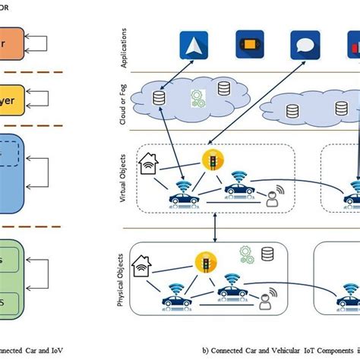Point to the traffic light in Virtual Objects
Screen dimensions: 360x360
point(213,160)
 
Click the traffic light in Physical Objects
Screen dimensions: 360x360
point(206,262)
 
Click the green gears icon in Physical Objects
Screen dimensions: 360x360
point(247,252)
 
